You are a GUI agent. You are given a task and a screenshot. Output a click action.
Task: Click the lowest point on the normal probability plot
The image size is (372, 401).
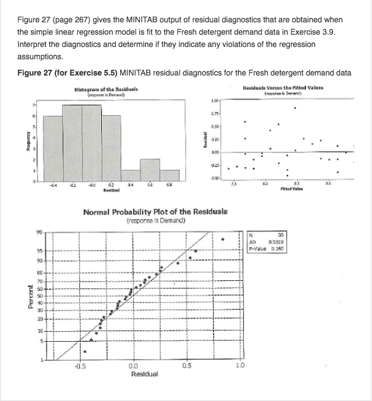pyautogui.click(x=85, y=352)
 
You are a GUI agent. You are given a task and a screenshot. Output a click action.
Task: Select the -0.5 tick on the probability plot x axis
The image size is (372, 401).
pyautogui.click(x=81, y=367)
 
